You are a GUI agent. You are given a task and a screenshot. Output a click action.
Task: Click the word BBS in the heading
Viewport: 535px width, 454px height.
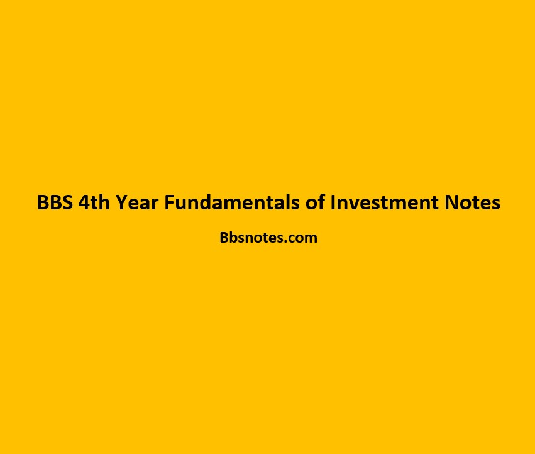click(55, 202)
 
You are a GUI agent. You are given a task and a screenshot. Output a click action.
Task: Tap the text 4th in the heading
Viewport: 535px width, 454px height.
click(94, 202)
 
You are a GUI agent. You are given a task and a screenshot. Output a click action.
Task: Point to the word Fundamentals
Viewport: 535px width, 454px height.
click(232, 202)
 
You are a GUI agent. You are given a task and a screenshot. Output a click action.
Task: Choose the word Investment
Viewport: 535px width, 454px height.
click(384, 202)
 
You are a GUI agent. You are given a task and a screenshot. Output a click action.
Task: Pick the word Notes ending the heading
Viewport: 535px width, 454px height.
click(472, 202)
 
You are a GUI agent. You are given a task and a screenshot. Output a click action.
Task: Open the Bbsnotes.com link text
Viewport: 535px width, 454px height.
click(268, 238)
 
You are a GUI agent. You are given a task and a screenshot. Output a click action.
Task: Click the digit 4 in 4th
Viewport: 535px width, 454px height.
click(84, 202)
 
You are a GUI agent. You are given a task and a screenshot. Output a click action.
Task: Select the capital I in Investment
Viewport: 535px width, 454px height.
click(333, 202)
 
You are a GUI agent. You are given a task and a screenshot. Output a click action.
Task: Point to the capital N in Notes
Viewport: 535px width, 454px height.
click(451, 202)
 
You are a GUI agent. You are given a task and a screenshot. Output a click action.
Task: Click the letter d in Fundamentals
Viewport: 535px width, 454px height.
click(208, 202)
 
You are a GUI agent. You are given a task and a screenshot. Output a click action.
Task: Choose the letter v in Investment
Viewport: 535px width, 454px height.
click(354, 204)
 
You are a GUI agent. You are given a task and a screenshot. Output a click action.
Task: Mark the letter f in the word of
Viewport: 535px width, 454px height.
click(321, 202)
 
